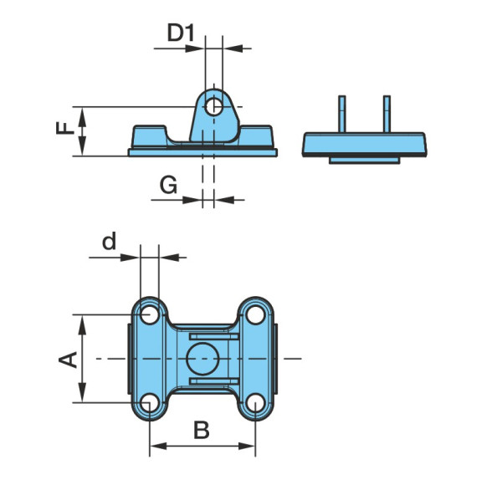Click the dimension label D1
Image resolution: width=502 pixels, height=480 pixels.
pyautogui.click(x=181, y=33)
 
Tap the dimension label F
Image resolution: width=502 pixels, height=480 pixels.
pyautogui.click(x=65, y=128)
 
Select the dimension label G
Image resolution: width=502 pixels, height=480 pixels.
pyautogui.click(x=168, y=185)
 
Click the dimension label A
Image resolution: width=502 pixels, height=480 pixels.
pyautogui.click(x=68, y=360)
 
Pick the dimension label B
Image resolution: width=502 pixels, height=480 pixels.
pyautogui.click(x=202, y=430)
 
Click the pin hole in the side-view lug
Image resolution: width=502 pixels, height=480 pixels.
pyautogui.click(x=214, y=106)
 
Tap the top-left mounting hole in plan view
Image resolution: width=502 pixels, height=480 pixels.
pyautogui.click(x=150, y=315)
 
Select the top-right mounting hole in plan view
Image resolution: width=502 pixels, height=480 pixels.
pyautogui.click(x=255, y=315)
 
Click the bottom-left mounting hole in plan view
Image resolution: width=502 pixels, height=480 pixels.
pyautogui.click(x=150, y=402)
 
